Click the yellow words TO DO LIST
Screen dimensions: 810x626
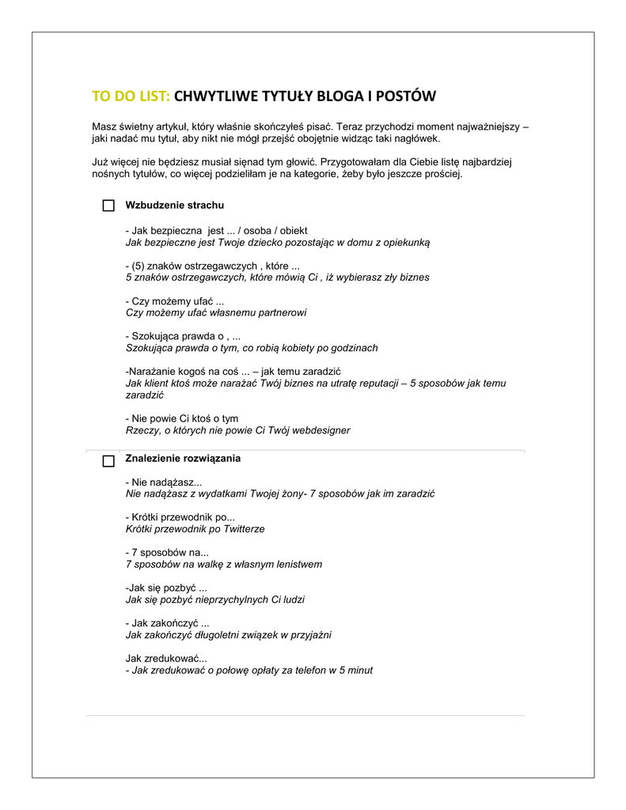pos(131,97)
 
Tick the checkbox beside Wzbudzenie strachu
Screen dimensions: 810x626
pos(108,206)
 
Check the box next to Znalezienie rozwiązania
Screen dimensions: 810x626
pos(108,461)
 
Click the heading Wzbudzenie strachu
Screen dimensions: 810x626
pos(174,206)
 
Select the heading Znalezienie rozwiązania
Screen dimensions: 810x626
pos(183,459)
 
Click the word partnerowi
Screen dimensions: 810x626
pos(280,312)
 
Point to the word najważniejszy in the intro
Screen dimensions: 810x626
pos(486,126)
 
